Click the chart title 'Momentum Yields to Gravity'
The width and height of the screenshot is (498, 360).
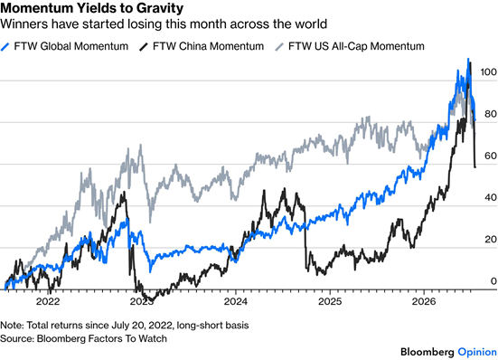92,8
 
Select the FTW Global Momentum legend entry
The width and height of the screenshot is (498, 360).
64,46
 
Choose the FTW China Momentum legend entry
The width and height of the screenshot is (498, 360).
202,46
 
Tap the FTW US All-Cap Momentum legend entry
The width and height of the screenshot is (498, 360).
350,46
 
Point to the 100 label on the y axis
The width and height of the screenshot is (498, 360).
488,72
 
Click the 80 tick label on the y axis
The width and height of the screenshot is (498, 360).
491,114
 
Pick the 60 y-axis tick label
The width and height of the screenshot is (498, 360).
491,156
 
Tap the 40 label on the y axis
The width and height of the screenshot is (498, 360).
491,197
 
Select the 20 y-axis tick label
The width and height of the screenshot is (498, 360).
491,240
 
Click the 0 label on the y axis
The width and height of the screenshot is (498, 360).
493,281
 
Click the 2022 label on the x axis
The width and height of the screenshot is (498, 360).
48,301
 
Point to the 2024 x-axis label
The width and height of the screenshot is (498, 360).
236,301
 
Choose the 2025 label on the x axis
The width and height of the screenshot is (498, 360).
330,301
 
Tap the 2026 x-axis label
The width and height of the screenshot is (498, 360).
424,301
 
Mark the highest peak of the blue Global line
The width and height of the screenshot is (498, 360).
468,59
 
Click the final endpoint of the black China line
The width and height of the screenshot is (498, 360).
475,167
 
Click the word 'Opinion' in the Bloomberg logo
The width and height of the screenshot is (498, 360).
477,352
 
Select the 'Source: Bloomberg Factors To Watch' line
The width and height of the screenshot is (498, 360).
83,338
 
